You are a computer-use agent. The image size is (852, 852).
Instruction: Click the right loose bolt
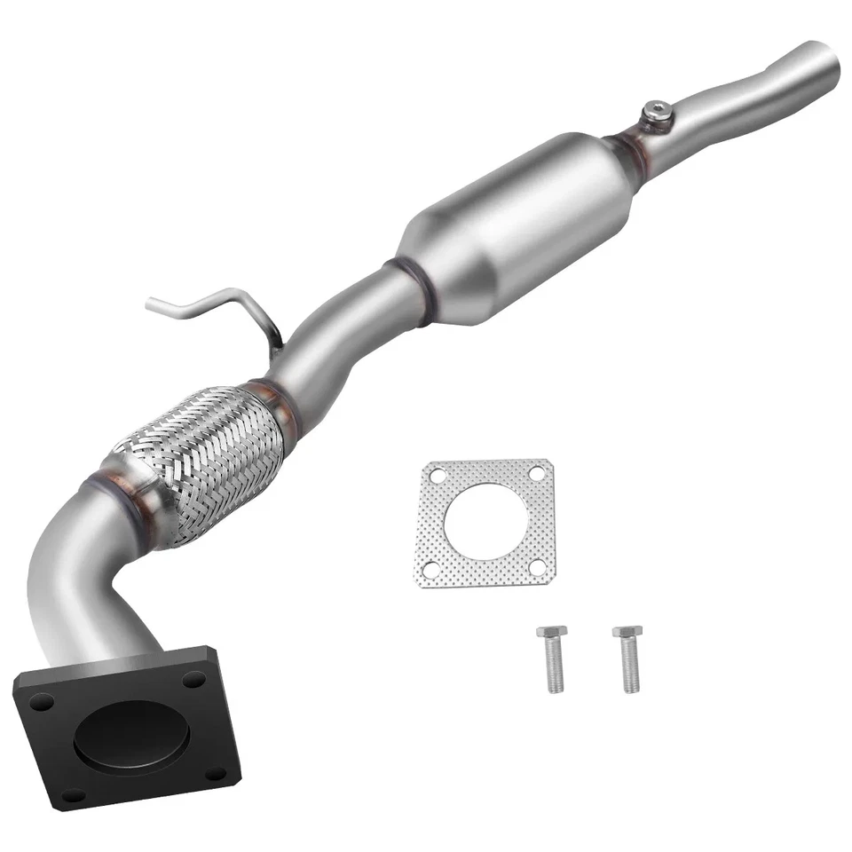point(627,660)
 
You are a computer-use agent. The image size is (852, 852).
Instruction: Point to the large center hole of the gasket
point(485,522)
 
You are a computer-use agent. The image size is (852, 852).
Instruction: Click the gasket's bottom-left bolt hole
point(430,569)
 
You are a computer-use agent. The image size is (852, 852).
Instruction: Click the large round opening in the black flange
point(131,736)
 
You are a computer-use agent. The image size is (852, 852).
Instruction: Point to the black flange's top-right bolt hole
point(194,679)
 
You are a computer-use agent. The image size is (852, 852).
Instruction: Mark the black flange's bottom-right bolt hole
point(216,774)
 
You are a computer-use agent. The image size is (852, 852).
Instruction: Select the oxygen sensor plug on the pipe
point(656,112)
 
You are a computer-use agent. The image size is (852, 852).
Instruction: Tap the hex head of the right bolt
point(627,634)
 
